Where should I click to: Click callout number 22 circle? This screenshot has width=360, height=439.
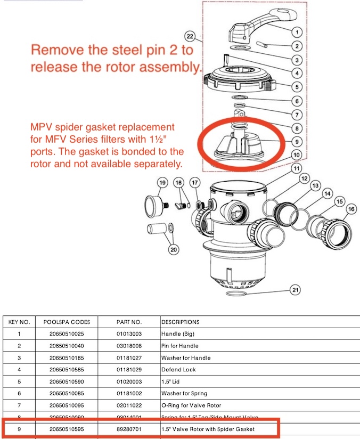tap(190, 36)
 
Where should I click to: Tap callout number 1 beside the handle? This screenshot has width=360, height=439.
tap(297, 31)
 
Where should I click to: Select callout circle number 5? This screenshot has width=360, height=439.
tap(297, 86)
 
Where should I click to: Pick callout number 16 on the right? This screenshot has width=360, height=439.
tap(350, 210)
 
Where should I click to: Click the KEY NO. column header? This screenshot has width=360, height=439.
tap(20, 322)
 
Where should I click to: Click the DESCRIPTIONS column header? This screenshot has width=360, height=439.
tap(181, 322)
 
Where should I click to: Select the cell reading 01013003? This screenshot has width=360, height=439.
tap(129, 334)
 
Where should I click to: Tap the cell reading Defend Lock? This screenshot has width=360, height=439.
tap(178, 369)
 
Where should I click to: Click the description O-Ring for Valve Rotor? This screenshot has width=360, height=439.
tap(191, 405)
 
